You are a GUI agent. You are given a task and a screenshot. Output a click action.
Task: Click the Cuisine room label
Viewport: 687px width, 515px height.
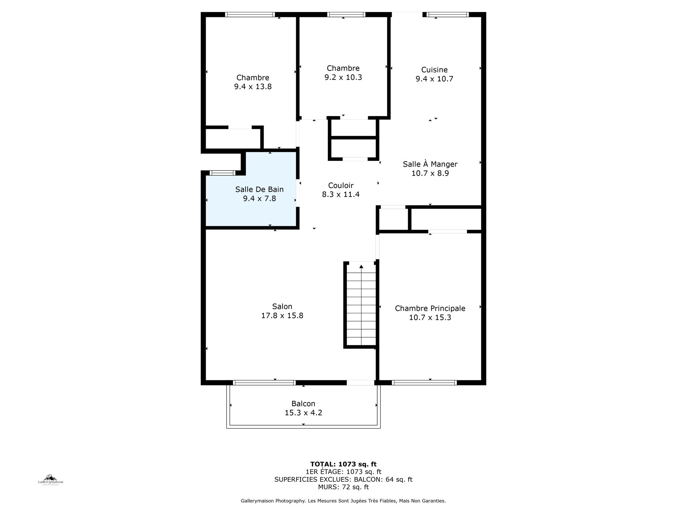pyautogui.click(x=434, y=70)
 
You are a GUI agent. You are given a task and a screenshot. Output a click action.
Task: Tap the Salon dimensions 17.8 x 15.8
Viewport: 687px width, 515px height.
pyautogui.click(x=282, y=316)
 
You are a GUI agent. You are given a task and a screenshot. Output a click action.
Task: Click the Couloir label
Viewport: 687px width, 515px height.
pyautogui.click(x=341, y=185)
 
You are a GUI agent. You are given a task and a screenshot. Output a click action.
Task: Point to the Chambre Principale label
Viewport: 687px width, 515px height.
pyautogui.click(x=430, y=308)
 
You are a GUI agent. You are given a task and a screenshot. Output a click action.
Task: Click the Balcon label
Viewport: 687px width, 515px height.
pyautogui.click(x=303, y=404)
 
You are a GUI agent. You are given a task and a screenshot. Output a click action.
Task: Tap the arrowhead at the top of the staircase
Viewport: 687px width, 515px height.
pyautogui.click(x=361, y=267)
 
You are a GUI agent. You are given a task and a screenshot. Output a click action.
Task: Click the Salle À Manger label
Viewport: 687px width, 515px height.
pyautogui.click(x=430, y=164)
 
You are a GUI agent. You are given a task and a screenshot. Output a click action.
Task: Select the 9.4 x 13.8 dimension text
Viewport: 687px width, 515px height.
pyautogui.click(x=253, y=87)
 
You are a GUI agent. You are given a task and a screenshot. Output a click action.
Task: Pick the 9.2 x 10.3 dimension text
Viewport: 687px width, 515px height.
pyautogui.click(x=343, y=77)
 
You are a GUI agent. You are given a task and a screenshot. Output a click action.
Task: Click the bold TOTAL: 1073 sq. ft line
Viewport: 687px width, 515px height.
pyautogui.click(x=343, y=464)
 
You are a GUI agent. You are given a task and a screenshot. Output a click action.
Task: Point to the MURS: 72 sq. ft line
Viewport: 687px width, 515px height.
pyautogui.click(x=343, y=487)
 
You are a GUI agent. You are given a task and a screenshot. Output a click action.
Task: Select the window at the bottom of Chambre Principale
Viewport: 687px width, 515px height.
pyautogui.click(x=424, y=383)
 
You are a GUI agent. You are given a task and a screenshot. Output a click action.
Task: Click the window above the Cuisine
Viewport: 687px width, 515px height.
pyautogui.click(x=448, y=14)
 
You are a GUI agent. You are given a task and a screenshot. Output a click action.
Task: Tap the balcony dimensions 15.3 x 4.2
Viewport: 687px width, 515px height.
pyautogui.click(x=303, y=413)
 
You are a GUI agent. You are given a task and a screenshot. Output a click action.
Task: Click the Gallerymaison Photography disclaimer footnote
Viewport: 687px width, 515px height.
pyautogui.click(x=343, y=501)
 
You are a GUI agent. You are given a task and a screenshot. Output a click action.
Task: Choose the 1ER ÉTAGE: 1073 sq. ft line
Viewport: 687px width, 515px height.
pyautogui.click(x=343, y=472)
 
